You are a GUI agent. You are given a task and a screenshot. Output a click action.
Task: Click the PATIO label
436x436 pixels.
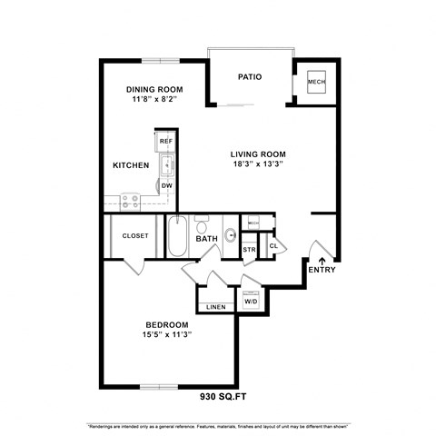250,77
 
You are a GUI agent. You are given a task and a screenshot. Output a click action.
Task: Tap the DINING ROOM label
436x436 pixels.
154,89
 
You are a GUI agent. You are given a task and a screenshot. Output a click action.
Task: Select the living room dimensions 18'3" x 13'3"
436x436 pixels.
257,165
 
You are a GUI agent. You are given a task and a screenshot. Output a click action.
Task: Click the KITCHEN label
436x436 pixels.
130,166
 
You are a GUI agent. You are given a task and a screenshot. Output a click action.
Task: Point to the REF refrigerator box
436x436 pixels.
165,142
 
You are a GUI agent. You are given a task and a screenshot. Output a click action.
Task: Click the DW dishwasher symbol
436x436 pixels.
166,186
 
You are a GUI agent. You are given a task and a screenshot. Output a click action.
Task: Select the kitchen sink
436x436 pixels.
166,164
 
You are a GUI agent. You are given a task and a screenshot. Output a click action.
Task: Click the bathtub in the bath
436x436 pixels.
178,238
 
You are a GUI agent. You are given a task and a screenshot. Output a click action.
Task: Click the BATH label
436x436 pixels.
207,240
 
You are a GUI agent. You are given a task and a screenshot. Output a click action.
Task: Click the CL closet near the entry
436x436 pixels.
272,245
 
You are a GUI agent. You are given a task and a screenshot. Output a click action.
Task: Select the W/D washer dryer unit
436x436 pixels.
251,300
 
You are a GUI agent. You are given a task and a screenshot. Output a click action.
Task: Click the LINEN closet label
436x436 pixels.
215,307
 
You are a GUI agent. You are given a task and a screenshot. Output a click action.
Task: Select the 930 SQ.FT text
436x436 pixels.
223,397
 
